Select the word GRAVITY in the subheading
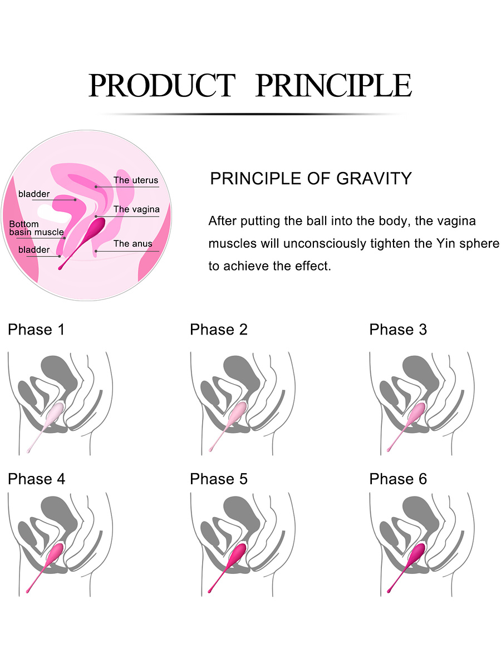[374, 178]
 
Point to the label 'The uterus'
[136, 180]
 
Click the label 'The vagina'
[136, 209]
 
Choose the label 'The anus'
[132, 243]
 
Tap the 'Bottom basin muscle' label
[37, 228]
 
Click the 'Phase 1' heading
[37, 330]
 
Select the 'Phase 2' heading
[219, 330]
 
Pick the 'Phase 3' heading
[398, 330]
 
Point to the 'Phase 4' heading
[37, 479]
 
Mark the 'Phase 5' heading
[219, 479]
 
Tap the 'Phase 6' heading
[398, 479]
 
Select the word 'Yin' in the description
[446, 243]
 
